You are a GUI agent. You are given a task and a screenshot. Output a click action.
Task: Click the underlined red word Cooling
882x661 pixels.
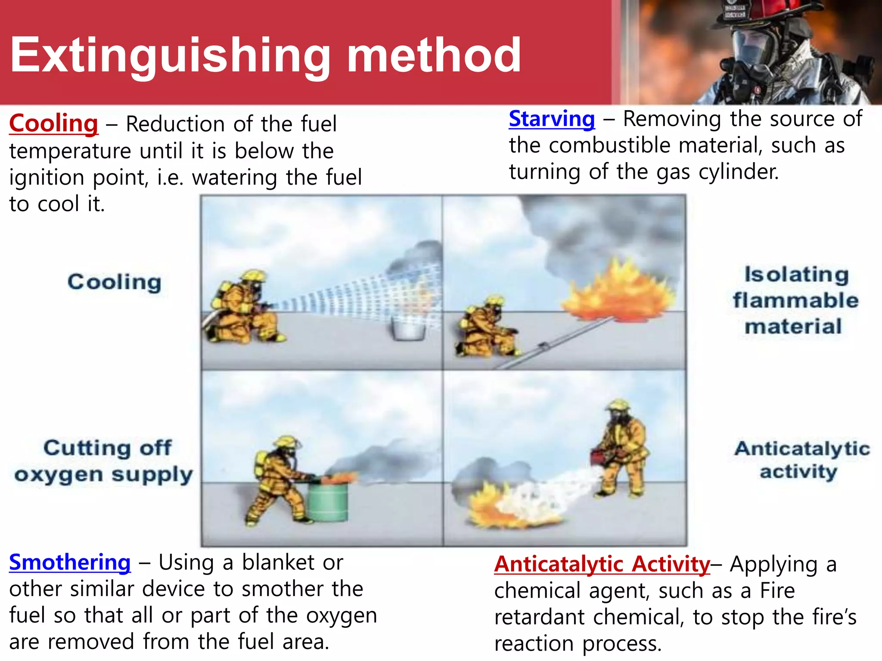pos(54,124)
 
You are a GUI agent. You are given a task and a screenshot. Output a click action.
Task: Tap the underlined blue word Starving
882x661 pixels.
pos(552,119)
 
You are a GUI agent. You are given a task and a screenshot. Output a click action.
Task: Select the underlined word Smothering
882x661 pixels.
pos(70,562)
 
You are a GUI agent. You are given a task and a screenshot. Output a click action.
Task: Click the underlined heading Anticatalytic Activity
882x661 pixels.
pos(602,564)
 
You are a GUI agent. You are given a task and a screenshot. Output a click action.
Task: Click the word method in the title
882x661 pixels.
pos(434,55)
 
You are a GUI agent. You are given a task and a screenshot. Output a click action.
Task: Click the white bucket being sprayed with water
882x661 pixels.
pos(408,329)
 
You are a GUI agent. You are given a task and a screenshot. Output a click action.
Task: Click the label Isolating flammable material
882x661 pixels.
pos(795,300)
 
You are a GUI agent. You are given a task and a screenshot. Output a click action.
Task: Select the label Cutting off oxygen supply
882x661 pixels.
pos(104,461)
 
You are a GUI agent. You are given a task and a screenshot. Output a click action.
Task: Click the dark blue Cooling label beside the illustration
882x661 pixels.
pos(115,282)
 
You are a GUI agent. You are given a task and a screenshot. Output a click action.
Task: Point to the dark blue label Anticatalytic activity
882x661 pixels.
pos(801,460)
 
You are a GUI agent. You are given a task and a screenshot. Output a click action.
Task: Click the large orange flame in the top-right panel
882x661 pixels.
pos(618,293)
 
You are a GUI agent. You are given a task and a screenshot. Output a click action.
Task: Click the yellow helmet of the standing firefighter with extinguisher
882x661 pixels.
pos(618,405)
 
